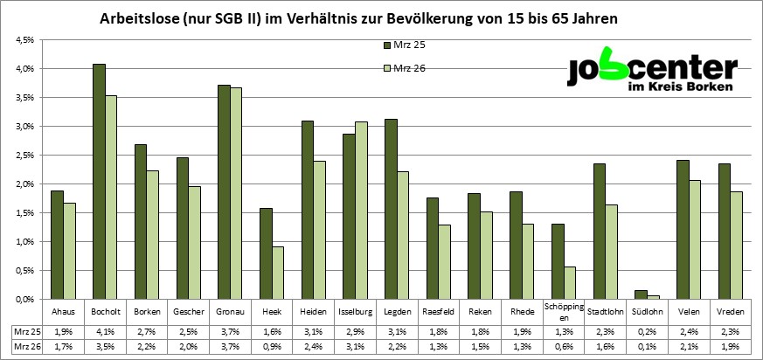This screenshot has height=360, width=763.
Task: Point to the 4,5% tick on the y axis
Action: [24, 40]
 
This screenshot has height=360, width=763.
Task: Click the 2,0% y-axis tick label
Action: [24, 184]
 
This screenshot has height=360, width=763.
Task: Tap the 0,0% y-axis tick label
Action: [24, 300]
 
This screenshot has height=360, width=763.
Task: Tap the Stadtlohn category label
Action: [604, 310]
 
